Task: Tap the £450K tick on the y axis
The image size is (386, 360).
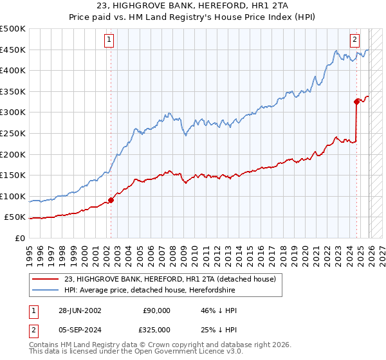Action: (13, 50)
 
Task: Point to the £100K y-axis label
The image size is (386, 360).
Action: (13, 196)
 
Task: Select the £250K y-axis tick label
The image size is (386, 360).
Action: (13, 133)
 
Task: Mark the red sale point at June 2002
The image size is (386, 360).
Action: (111, 200)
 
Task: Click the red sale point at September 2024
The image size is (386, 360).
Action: (356, 101)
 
